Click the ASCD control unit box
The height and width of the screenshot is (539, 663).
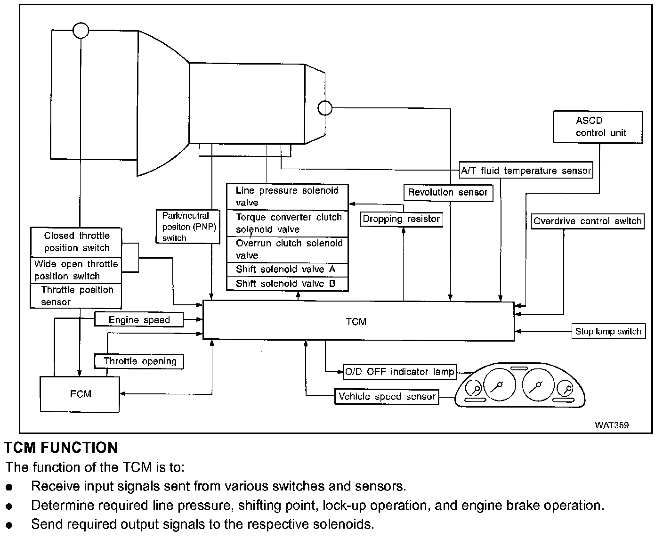point(598,127)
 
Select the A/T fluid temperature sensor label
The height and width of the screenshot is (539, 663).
point(526,171)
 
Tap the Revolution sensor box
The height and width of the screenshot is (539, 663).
point(448,192)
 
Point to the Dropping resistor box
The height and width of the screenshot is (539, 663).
point(401,219)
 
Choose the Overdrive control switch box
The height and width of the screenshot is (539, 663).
point(587,221)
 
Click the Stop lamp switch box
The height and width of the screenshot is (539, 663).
point(608,331)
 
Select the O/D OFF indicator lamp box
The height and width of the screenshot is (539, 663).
point(399,372)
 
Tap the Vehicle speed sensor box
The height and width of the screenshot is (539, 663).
point(387,396)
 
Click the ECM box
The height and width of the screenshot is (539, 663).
point(80,394)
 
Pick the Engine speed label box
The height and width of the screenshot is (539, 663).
point(139,320)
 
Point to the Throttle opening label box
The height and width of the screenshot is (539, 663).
point(139,361)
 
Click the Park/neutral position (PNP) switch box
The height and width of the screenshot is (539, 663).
point(188,227)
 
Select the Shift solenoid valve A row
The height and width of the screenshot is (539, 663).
point(287,269)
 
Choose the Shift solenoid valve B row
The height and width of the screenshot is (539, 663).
point(287,284)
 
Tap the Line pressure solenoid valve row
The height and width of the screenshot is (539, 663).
point(287,196)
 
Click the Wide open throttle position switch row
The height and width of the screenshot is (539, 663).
point(76,270)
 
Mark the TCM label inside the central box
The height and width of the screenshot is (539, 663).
point(356,322)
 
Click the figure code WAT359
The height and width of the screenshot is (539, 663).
point(611,425)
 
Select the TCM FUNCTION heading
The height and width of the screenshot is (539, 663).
point(61,447)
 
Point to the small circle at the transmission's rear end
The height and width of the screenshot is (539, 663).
point(325,108)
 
